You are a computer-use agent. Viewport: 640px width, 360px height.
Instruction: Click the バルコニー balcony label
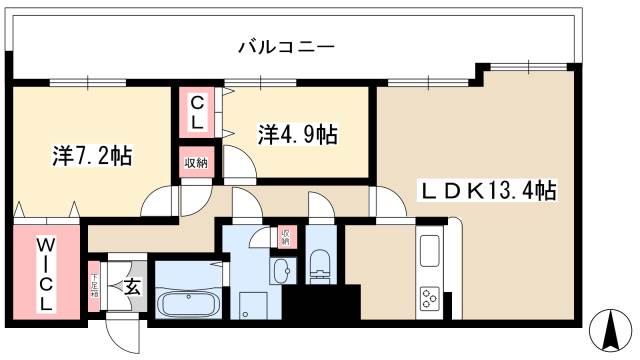point(285,46)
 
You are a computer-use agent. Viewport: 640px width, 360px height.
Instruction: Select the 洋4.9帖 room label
point(297,134)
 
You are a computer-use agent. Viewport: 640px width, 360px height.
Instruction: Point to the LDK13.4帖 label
point(488,189)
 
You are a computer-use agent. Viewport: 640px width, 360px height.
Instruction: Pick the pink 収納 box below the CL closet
point(195,163)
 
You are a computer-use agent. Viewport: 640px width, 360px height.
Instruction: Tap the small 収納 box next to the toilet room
point(285,236)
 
